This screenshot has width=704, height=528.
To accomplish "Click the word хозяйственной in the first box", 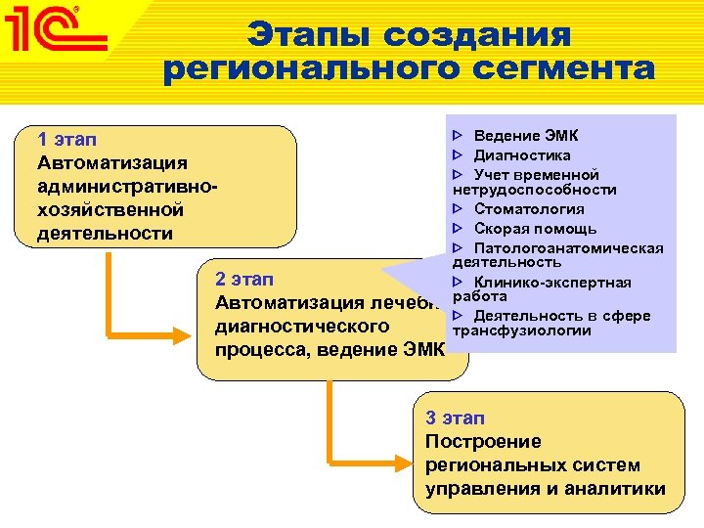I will coord(110,209).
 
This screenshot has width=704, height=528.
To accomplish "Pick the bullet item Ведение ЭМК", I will coord(525,136).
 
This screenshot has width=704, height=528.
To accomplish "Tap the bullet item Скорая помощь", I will coord(535,228).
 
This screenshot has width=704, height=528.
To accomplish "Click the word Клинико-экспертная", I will coord(552,283).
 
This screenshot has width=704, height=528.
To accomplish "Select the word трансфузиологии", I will coord(522,330).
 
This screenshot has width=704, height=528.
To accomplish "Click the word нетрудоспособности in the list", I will coord(534,189).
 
